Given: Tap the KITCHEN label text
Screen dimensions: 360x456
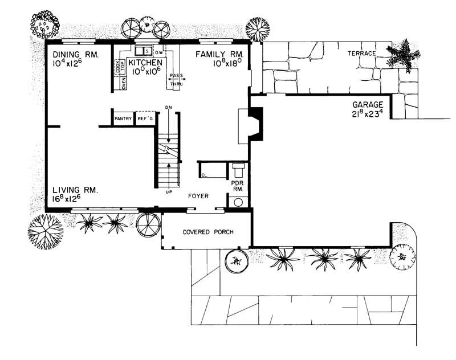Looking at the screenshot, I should click(148, 62).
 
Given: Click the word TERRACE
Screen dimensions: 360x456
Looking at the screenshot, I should click(362, 54).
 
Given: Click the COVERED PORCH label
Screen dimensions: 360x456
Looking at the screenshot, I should click(206, 232).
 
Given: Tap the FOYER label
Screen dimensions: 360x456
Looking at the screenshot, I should click(198, 196).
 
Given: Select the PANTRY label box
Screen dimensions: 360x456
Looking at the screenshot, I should click(123, 119).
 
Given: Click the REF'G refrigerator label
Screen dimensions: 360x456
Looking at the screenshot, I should click(145, 119).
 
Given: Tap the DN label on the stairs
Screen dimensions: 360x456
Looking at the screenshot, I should click(168, 107).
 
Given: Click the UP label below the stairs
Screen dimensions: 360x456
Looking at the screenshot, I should click(169, 191).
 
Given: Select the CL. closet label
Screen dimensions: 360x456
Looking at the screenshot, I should click(204, 175).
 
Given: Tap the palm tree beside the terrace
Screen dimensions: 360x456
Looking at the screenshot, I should click(404, 54).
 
